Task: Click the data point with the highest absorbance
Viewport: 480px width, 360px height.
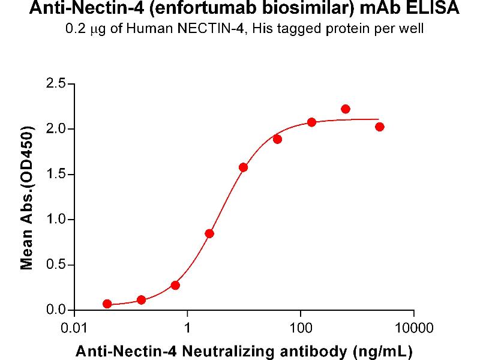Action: [x=345, y=109]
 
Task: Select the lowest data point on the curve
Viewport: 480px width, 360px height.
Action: [x=107, y=304]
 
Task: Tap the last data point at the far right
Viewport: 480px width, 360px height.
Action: [x=379, y=127]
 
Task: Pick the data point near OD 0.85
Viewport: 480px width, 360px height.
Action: [x=209, y=233]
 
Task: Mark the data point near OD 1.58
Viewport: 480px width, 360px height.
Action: [x=243, y=167]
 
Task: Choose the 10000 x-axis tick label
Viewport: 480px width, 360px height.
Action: [x=413, y=328]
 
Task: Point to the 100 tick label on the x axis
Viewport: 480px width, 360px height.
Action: [x=300, y=328]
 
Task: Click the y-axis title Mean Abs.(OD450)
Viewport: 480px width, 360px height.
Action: [x=27, y=197]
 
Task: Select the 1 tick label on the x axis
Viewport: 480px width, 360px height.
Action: [x=187, y=328]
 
